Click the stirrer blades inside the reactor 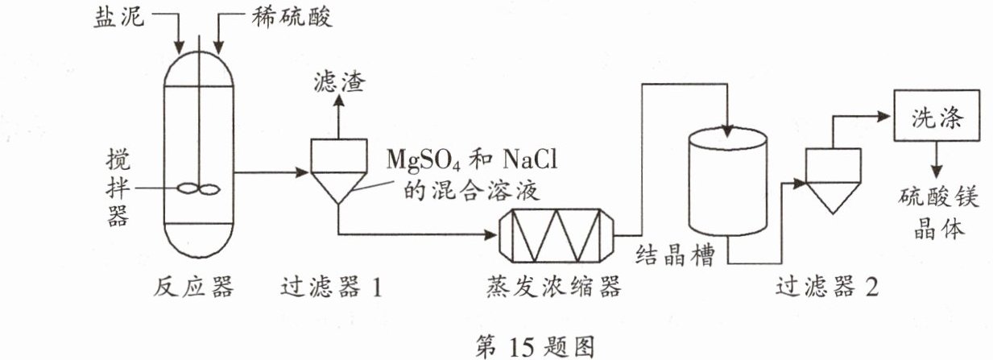(198, 189)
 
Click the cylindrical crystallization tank (727, 181)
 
